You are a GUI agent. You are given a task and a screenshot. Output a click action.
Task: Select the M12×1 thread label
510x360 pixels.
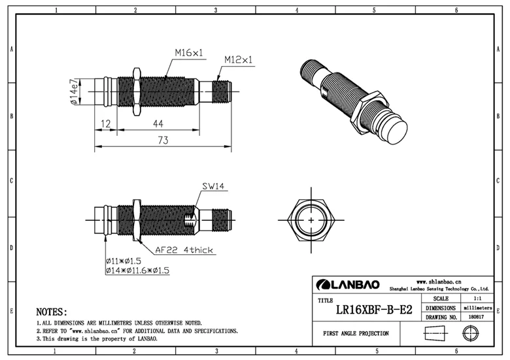click(x=238, y=60)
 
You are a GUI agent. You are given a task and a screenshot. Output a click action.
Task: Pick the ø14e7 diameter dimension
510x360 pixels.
click(x=75, y=91)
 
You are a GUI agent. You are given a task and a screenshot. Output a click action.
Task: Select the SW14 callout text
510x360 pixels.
click(x=213, y=187)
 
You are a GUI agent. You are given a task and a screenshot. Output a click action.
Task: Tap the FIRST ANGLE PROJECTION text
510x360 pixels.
click(x=356, y=333)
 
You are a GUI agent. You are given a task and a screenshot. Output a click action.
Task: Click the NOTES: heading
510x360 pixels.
click(x=52, y=312)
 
